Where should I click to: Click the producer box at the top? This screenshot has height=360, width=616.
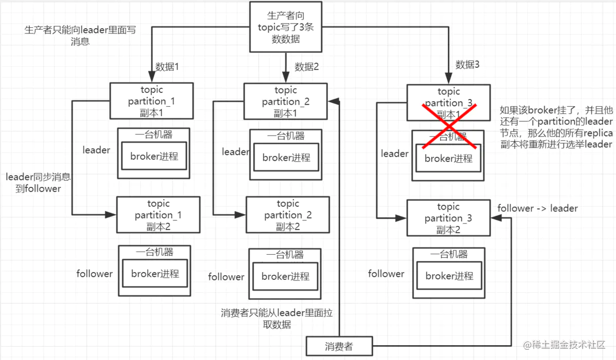(x=285, y=26)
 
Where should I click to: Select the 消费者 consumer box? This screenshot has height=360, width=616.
(x=339, y=346)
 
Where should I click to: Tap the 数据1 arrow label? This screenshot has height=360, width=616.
(x=167, y=67)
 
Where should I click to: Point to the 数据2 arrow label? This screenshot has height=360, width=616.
(x=307, y=67)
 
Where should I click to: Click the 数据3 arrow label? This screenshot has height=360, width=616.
(x=468, y=65)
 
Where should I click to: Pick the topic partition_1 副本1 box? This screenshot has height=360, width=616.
(x=151, y=101)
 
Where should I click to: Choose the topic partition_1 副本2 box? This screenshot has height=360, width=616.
(x=158, y=215)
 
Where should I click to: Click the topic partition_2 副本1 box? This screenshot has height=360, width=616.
(x=285, y=102)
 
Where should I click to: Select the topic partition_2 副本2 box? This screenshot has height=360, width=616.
(x=288, y=216)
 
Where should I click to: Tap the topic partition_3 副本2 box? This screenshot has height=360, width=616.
(x=448, y=218)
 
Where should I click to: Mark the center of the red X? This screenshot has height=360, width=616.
(x=449, y=126)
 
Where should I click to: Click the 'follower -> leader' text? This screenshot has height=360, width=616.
(x=537, y=209)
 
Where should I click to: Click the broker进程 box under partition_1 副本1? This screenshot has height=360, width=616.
(x=154, y=156)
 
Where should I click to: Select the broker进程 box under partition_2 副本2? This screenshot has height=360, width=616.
(x=285, y=277)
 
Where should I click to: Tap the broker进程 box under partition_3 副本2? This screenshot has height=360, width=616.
(x=449, y=276)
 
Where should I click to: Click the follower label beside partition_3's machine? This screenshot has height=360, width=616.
(x=386, y=274)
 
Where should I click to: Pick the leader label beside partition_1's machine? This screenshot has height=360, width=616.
(x=97, y=150)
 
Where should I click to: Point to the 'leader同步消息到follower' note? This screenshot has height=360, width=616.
(x=38, y=183)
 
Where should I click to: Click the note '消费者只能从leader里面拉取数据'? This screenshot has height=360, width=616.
(x=280, y=318)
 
